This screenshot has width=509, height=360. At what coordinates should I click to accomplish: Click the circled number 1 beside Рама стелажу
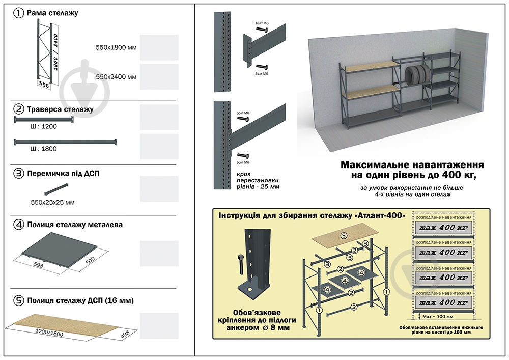tap(19, 13)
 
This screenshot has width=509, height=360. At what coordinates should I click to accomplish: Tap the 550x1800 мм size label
tap(116, 47)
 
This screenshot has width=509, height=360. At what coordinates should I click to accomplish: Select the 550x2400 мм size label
tap(116, 76)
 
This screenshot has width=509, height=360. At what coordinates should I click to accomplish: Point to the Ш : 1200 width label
tap(43, 126)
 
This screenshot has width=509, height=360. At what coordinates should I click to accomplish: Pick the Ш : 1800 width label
tap(43, 149)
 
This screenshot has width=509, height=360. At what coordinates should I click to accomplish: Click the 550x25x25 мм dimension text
tap(52, 202)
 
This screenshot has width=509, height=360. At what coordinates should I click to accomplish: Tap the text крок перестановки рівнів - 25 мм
tap(258, 180)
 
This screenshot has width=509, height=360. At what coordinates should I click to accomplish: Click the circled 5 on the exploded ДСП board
tap(344, 236)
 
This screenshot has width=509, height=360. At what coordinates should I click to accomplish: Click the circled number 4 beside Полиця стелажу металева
tap(19, 224)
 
